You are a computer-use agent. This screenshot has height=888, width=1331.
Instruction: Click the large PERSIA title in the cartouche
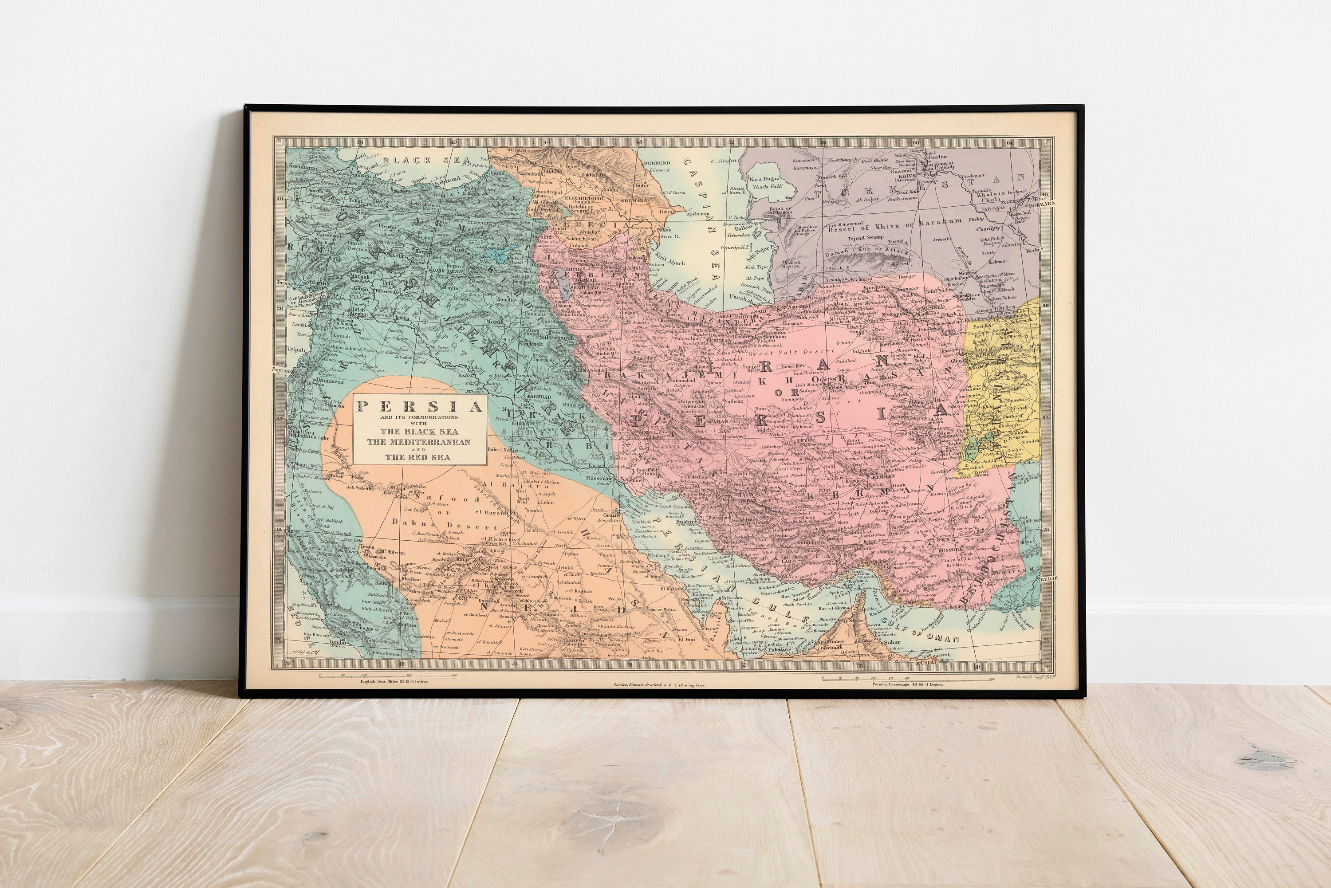419,407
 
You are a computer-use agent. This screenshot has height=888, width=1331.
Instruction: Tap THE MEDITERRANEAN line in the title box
418,442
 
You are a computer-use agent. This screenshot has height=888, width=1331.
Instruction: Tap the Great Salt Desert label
784,352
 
